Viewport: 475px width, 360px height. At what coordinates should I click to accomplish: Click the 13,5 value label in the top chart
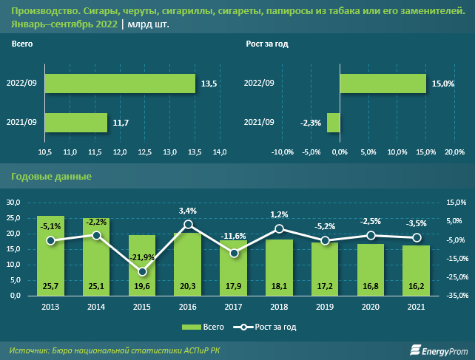[x=209, y=84]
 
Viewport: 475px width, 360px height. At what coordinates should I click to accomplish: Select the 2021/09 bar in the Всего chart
[x=77, y=122]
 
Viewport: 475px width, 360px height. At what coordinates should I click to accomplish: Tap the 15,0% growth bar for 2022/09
[x=383, y=84]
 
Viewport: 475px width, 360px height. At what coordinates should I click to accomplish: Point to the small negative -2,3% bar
[x=334, y=122]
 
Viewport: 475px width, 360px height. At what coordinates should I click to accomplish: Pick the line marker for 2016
[x=188, y=223]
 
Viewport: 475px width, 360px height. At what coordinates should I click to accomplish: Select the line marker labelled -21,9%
[x=142, y=271]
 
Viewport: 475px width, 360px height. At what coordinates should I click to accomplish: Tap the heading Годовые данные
[x=52, y=177]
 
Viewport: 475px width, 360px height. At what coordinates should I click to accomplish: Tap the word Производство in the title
[x=40, y=11]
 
